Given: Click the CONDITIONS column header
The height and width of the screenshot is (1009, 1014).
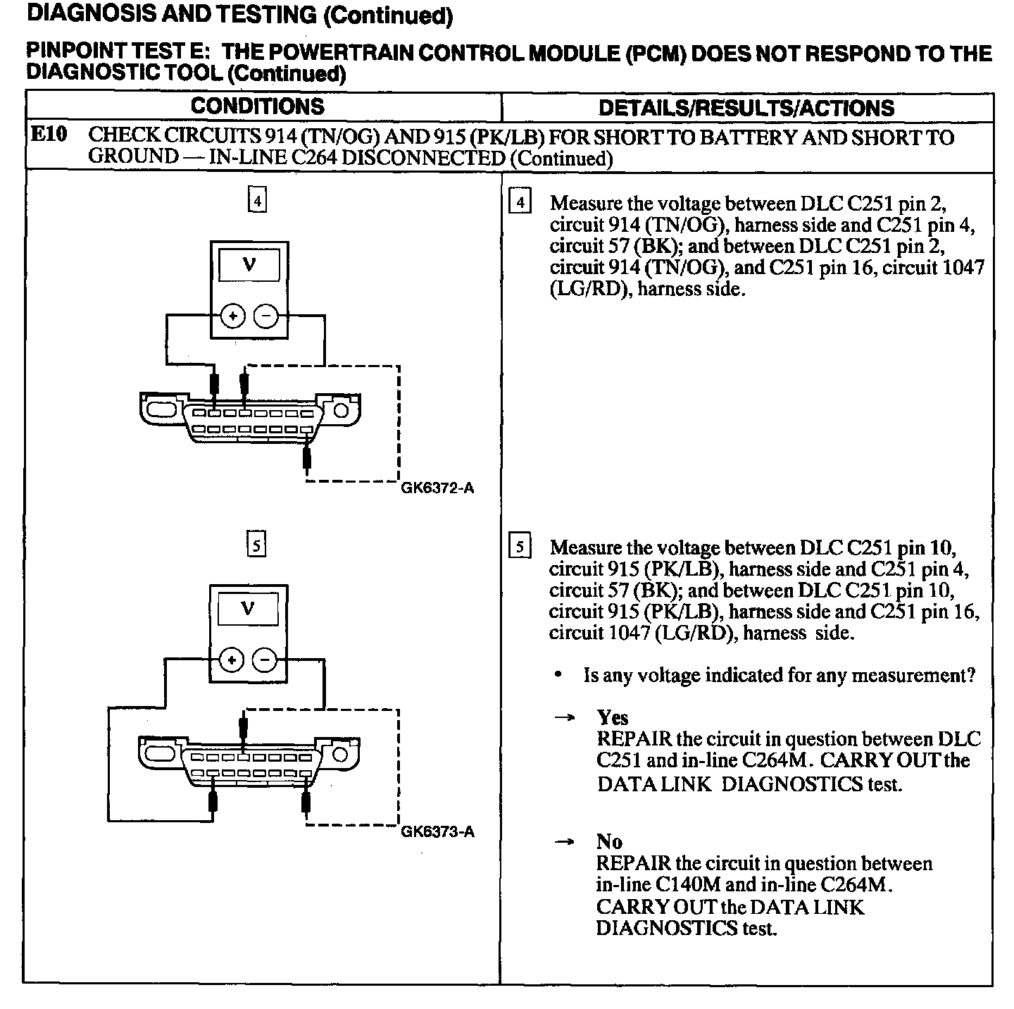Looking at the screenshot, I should [x=258, y=106].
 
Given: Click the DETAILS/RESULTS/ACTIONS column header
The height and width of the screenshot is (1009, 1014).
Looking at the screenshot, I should [x=746, y=108].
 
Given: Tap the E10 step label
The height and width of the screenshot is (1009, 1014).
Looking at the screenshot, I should [x=49, y=135].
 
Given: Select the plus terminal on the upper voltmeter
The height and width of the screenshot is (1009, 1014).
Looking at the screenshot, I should [x=232, y=316].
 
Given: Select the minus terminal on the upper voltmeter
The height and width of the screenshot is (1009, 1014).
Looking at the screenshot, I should [x=265, y=316].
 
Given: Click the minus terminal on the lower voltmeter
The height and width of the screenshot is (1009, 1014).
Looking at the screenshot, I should [x=265, y=661].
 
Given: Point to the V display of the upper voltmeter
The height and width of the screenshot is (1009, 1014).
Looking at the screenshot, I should [x=249, y=266].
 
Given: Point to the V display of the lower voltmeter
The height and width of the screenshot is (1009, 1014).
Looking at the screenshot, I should [x=248, y=609].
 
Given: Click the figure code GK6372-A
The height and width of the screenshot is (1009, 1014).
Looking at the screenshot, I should [x=437, y=488].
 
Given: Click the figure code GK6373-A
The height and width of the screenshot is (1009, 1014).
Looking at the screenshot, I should [x=437, y=831].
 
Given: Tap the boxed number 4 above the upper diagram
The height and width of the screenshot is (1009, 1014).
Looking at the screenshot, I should [x=258, y=201].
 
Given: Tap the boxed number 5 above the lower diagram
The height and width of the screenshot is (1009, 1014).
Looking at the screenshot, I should [x=257, y=544].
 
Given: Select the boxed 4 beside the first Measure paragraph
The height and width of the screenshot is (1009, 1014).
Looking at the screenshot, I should [x=520, y=203].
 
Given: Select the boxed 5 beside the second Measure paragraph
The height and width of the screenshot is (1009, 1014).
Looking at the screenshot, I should [x=520, y=547].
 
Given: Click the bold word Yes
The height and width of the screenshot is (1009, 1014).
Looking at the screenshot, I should [x=612, y=717].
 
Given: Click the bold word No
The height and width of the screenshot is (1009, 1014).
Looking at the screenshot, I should [x=609, y=841].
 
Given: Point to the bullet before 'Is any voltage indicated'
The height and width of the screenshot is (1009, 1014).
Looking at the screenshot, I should [x=558, y=675].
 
